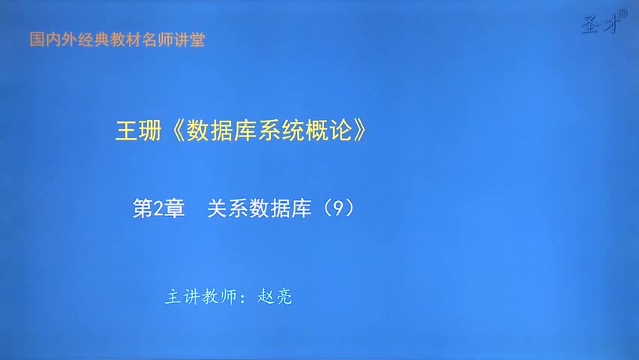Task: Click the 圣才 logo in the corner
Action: coord(601,25)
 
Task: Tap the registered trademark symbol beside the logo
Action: coord(622,12)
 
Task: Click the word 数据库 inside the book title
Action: coord(223,130)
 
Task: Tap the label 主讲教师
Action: coord(198,297)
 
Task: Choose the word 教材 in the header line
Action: coord(124,40)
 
